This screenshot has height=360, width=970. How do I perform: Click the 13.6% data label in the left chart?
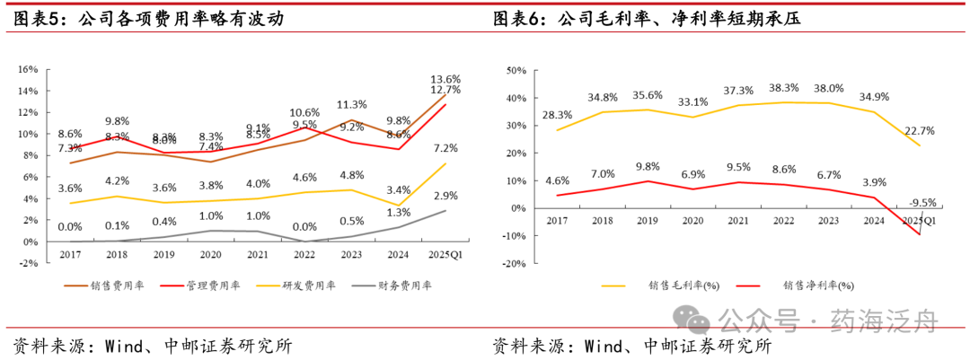click(x=445, y=79)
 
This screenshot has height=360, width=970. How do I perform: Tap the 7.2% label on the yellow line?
click(x=445, y=148)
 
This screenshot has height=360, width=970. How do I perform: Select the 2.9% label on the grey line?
click(x=445, y=196)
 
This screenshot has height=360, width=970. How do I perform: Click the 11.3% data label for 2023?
click(x=351, y=104)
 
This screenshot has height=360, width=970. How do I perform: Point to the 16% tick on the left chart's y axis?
click(x=27, y=69)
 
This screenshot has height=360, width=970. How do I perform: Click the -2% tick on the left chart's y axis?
click(x=27, y=263)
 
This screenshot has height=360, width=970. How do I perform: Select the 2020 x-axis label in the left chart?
click(x=210, y=255)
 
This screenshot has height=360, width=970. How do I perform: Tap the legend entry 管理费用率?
click(x=210, y=285)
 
